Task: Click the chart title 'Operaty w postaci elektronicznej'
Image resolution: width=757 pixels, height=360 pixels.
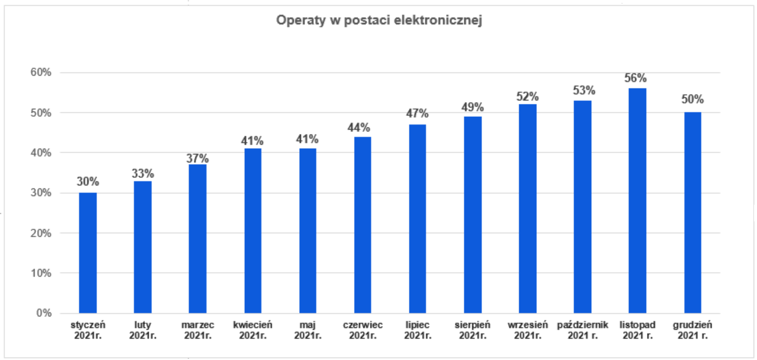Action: (x=379, y=21)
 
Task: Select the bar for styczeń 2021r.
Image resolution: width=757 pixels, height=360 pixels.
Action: (x=88, y=253)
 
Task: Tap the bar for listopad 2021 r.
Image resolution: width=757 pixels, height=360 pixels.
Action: (x=638, y=201)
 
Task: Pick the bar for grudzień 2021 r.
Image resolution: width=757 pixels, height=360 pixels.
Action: (x=693, y=212)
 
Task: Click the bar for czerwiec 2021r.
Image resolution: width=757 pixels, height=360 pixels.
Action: (x=363, y=225)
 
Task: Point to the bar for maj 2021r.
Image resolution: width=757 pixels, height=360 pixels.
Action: (x=308, y=231)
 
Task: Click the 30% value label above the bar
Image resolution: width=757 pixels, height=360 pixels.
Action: (x=88, y=182)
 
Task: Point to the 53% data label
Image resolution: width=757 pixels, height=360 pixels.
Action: (x=583, y=90)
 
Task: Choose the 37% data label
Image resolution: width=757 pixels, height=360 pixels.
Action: (x=198, y=158)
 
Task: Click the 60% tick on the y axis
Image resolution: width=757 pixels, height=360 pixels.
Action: (x=42, y=73)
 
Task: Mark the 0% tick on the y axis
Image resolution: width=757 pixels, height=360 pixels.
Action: (x=44, y=313)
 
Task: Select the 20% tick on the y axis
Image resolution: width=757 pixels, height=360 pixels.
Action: (x=42, y=233)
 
